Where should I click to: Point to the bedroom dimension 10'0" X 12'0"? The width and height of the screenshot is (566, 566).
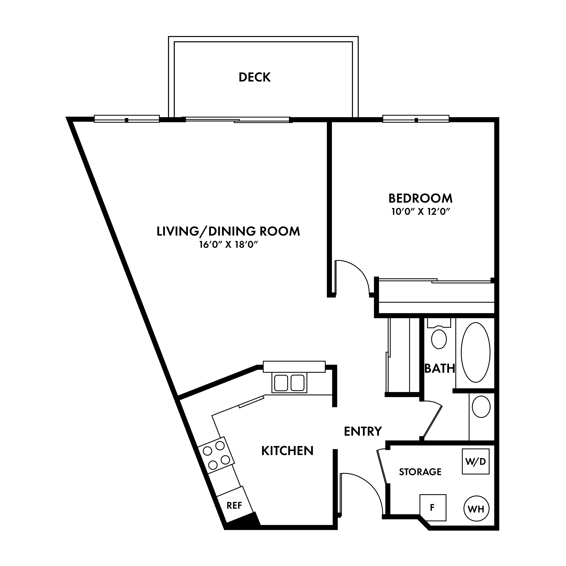[420, 212]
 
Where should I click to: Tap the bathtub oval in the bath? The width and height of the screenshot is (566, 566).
[475, 352]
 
